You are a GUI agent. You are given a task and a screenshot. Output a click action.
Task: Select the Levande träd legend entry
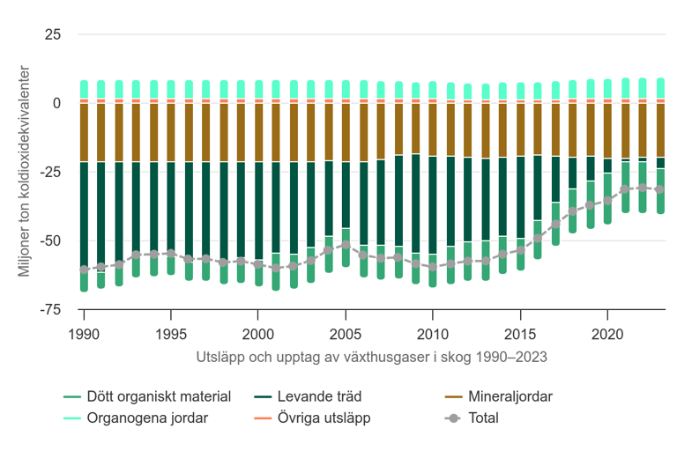click(x=308, y=397)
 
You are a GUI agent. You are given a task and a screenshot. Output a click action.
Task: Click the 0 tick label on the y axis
click(x=56, y=103)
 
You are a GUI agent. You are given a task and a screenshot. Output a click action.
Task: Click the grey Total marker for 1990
click(x=85, y=270)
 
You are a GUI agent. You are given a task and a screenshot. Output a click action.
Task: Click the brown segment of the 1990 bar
click(x=85, y=132)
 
